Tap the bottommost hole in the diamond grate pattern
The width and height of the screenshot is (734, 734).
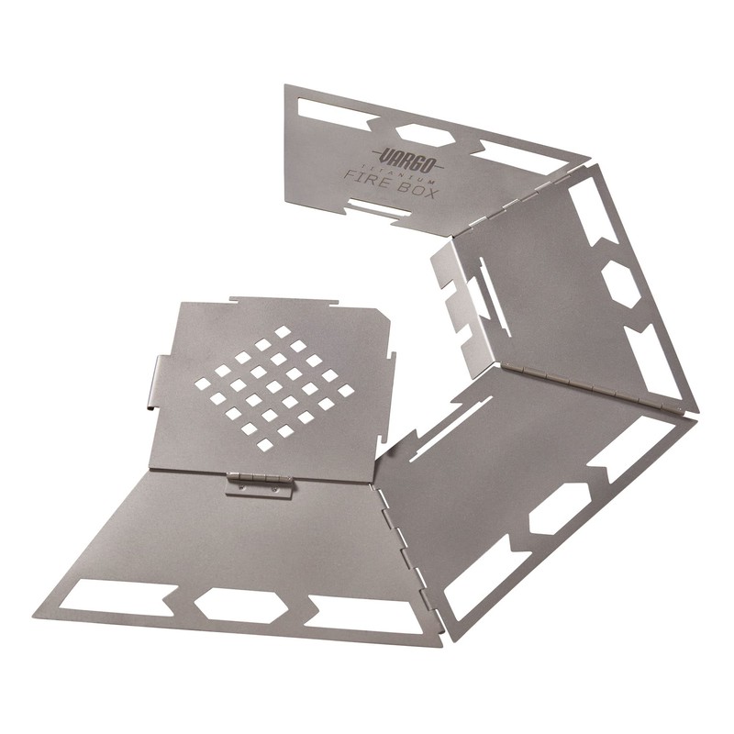point(264,444)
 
